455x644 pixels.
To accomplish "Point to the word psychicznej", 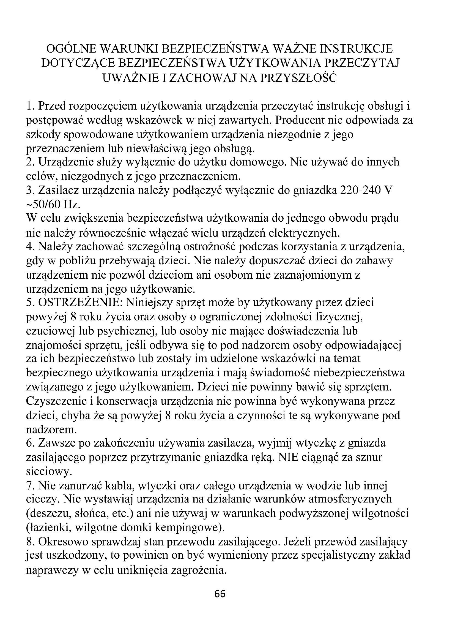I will point(124,331).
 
